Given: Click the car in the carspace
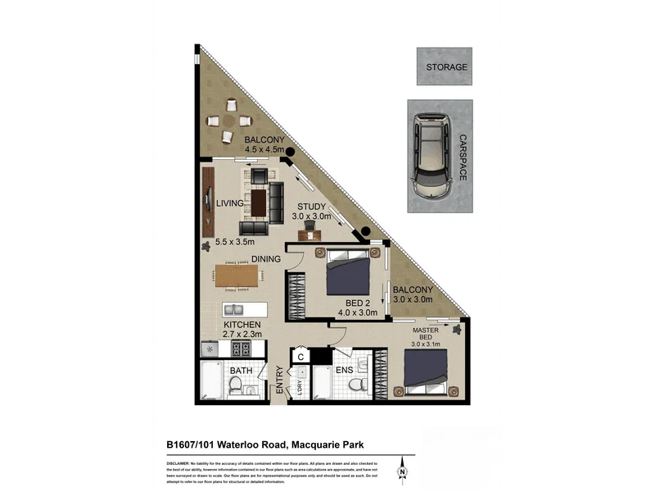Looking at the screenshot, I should tap(429, 155).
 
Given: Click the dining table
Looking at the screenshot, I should tap(244, 275).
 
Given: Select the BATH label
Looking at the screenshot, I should tap(241, 371).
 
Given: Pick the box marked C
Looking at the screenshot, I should tap(300, 356).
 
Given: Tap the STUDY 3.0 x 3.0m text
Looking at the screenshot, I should tap(312, 212).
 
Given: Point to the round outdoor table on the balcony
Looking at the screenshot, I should tap(226, 120).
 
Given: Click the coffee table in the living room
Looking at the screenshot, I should tap(259, 202).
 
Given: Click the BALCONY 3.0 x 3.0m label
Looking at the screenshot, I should tap(412, 294).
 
